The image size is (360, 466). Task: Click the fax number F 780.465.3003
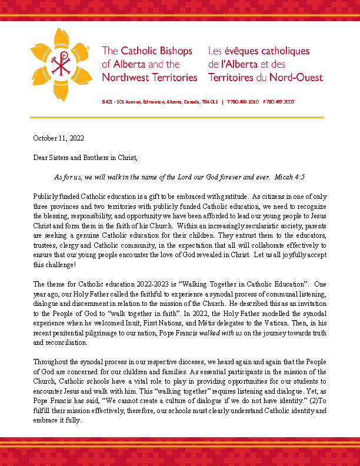coord(278,102)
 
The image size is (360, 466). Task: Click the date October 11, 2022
coord(58,139)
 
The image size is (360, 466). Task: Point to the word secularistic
coord(222,224)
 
